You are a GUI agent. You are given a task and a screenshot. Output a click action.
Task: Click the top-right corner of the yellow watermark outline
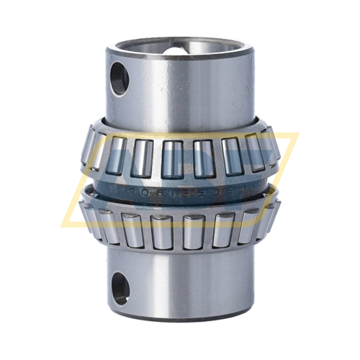297,134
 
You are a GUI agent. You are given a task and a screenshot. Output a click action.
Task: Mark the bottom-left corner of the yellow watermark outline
66,225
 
